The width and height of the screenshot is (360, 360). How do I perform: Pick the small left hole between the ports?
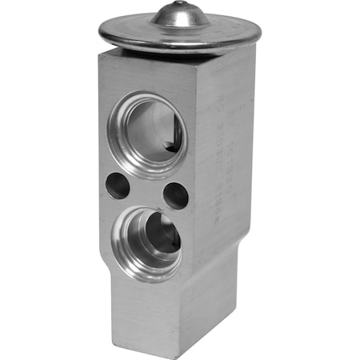click(117, 186)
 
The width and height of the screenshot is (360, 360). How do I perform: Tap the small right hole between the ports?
click(174, 194)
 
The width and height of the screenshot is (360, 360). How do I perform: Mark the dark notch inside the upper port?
click(170, 146)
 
